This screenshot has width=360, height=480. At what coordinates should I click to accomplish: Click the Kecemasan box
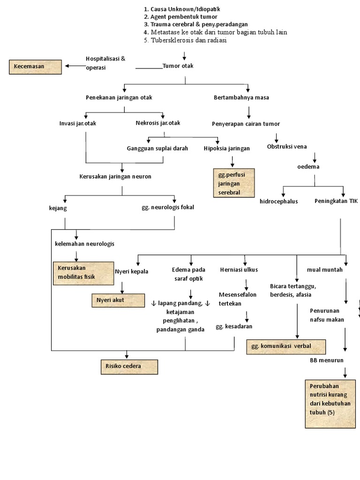(35, 67)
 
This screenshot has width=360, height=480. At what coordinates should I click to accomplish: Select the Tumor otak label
(178, 66)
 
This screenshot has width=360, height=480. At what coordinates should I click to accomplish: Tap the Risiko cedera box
(129, 367)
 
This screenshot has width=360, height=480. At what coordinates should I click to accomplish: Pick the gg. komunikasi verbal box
(286, 346)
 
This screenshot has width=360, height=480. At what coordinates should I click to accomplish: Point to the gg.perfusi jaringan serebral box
(233, 182)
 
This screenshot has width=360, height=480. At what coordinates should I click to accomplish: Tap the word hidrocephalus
(279, 202)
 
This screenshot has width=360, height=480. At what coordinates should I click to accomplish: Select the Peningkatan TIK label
(336, 201)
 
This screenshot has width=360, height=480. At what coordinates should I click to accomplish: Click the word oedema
(309, 167)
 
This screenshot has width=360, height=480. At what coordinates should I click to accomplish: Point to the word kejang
(59, 207)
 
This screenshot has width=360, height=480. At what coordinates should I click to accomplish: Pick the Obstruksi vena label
(287, 147)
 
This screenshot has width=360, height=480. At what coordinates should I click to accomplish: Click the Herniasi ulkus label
(239, 270)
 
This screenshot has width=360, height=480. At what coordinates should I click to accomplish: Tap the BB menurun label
(327, 360)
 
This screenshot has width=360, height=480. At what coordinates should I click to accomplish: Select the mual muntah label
(325, 270)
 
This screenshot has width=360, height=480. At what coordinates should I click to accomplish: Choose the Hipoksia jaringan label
(227, 148)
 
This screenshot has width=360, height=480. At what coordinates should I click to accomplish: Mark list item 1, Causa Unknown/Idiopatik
(182, 9)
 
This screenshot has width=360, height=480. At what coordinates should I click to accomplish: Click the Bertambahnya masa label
(241, 97)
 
